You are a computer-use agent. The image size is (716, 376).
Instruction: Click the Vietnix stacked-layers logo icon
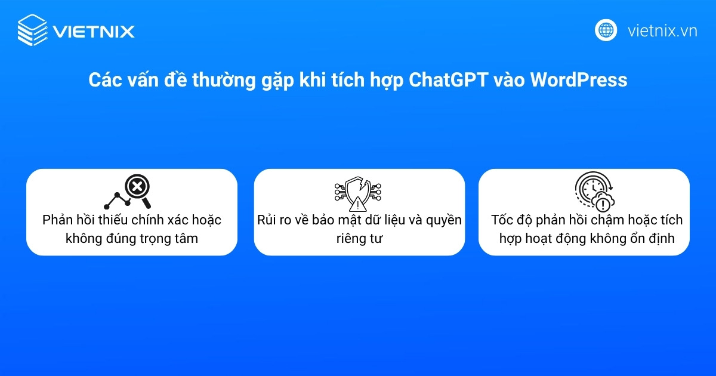[32, 30]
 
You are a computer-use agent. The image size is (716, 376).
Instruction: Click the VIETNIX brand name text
[94, 31]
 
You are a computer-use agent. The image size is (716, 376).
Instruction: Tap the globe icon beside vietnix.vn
[606, 30]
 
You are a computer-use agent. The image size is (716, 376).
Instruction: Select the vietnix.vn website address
[662, 30]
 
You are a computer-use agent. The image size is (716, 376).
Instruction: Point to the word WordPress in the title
[578, 80]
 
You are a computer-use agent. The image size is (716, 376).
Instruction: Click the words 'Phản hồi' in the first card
[66, 220]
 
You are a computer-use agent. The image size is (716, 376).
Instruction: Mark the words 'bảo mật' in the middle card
[339, 220]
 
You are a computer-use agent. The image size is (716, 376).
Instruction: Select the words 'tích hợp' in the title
[364, 80]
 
